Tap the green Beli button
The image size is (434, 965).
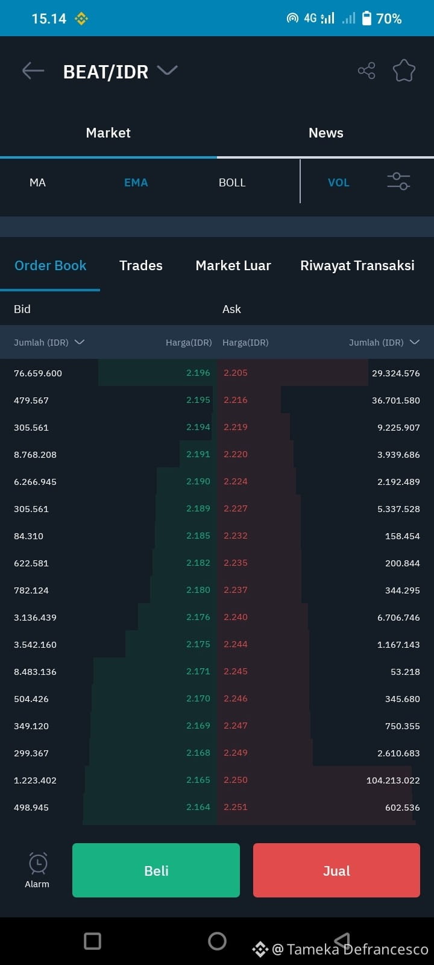pos(156,870)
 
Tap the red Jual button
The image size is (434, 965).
pos(336,870)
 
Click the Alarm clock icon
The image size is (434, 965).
pos(38,863)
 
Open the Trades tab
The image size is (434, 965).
pos(141,265)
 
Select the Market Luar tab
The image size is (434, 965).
pos(233,265)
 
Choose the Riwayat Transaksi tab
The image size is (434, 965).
pos(357,266)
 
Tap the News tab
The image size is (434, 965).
pos(326,133)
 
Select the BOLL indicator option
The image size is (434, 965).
pos(232,183)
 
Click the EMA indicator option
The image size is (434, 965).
pos(136,183)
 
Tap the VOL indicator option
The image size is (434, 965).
pos(338,183)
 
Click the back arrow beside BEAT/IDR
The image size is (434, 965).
pos(33,71)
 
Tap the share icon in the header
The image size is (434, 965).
pos(366,71)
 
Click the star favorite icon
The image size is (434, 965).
pos(404,71)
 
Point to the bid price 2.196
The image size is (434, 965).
pos(198,373)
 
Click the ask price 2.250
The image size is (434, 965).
pos(236,780)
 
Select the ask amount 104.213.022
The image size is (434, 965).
pos(393,780)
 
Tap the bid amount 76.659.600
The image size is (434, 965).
pos(38,373)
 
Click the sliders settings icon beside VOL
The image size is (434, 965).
pos(398,182)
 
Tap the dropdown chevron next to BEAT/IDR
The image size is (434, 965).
pos(167,70)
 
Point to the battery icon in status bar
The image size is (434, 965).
pos(366,18)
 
